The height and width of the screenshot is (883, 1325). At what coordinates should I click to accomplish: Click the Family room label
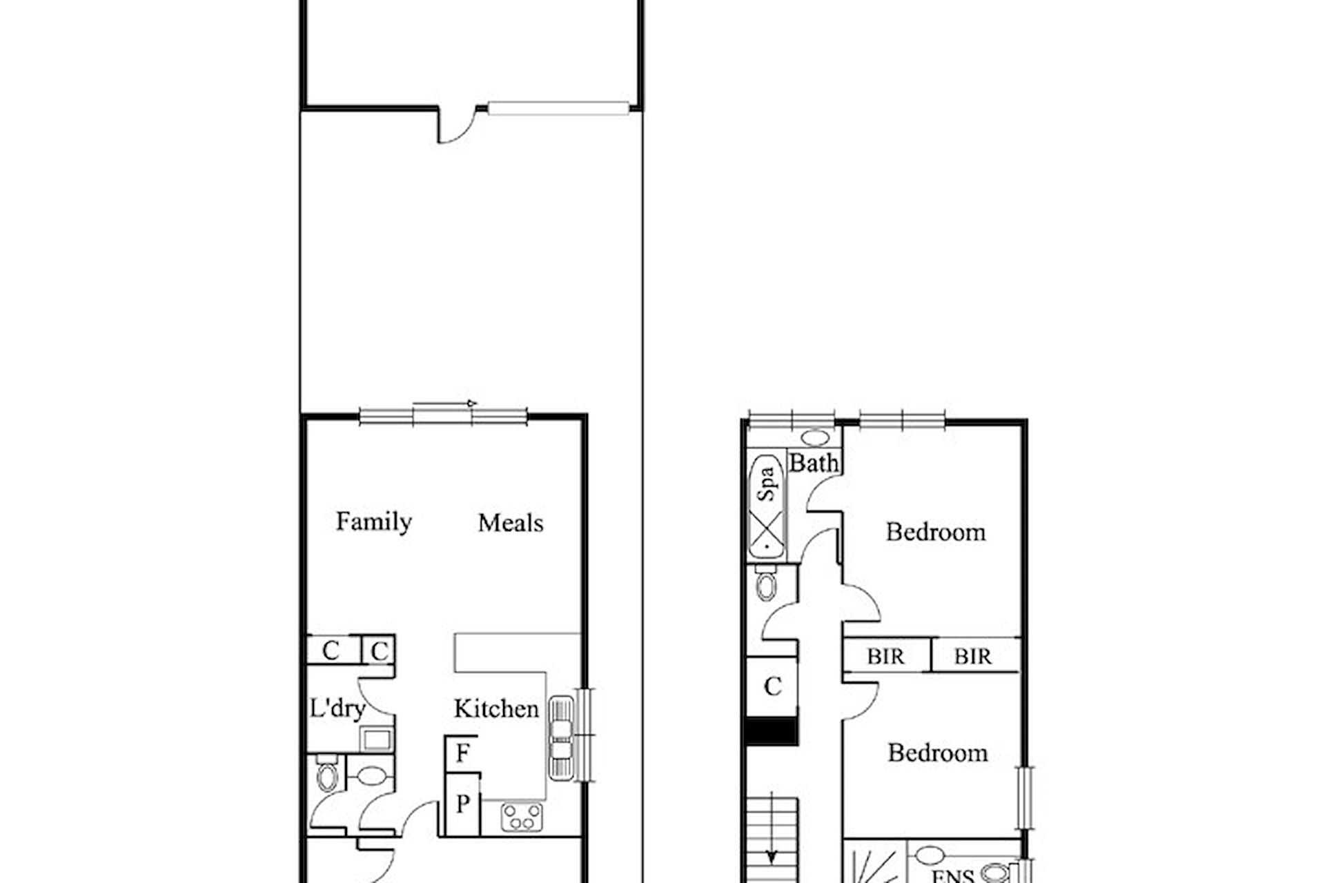(373, 522)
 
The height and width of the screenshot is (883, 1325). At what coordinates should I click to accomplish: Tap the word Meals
(511, 523)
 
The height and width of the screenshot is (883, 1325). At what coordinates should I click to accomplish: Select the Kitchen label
(496, 708)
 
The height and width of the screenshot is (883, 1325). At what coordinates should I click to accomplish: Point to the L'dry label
(337, 708)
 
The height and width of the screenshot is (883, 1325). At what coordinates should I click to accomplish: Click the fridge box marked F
(462, 754)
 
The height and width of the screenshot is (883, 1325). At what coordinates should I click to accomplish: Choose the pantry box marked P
(462, 804)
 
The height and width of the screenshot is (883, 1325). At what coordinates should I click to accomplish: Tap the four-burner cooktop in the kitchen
(522, 817)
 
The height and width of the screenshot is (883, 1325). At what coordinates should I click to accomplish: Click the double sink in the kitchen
(561, 739)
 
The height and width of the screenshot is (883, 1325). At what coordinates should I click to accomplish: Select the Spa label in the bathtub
(767, 484)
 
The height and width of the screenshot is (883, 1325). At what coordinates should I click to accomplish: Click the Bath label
(814, 463)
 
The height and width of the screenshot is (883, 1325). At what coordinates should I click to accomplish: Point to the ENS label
(953, 876)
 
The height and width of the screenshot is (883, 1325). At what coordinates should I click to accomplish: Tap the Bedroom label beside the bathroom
(936, 533)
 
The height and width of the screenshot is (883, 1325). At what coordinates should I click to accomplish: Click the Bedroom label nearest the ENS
(937, 753)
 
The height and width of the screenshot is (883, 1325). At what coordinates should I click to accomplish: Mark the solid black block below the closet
(772, 731)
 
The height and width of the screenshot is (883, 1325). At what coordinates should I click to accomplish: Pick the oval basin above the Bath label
(816, 437)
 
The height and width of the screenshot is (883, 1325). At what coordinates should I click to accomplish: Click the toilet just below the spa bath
(765, 583)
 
